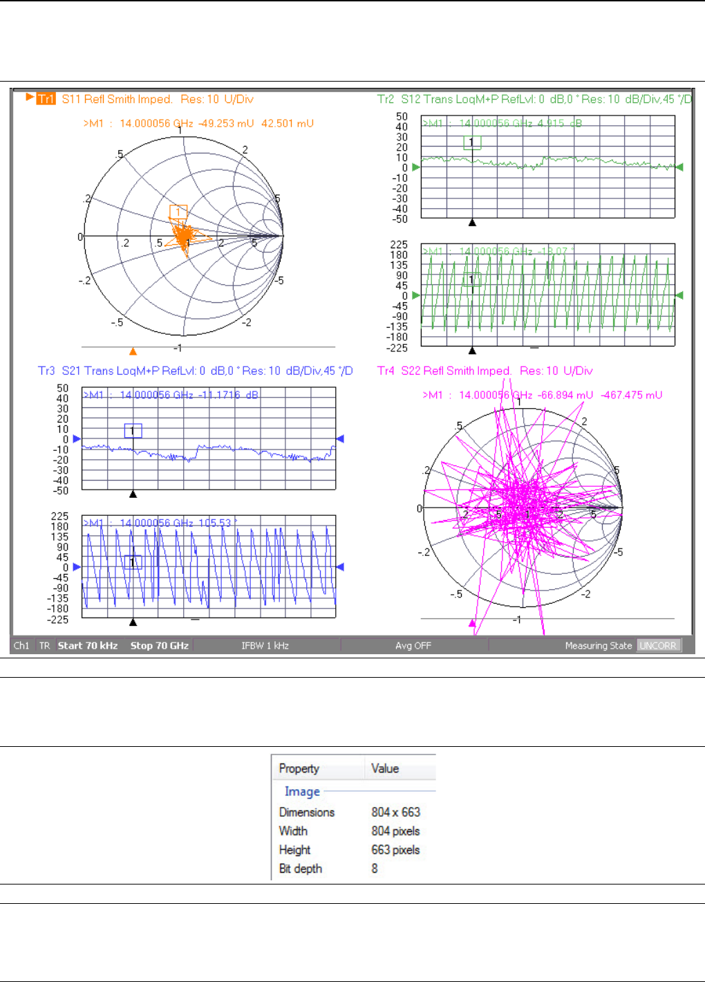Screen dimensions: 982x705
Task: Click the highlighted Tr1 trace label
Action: [x=46, y=99]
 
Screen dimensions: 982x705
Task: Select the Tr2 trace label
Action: [x=386, y=99]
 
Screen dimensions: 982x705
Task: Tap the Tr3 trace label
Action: [x=46, y=371]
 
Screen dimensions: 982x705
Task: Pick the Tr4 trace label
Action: [x=386, y=371]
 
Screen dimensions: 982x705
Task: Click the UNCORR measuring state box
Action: [x=658, y=645]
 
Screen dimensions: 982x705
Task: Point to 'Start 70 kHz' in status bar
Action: [x=88, y=645]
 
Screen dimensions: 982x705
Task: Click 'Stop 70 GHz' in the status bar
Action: [x=159, y=645]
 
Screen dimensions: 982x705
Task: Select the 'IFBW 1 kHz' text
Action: [x=265, y=645]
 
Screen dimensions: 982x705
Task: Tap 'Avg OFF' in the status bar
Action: [x=413, y=645]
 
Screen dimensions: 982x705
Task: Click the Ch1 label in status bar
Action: [x=21, y=645]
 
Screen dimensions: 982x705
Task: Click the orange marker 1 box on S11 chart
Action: [x=178, y=212]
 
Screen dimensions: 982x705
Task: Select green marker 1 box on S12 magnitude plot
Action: [x=472, y=142]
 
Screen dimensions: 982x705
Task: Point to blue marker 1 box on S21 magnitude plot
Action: [x=133, y=431]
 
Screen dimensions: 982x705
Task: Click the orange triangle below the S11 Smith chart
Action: [x=133, y=351]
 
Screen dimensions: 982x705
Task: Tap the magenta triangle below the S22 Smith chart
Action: [x=473, y=623]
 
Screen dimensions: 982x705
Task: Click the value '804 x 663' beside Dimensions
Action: [x=395, y=812]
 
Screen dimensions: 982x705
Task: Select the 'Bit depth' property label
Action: [x=300, y=869]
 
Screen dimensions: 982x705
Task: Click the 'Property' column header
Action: [x=299, y=768]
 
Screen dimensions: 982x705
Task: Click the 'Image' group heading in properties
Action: [x=302, y=791]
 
